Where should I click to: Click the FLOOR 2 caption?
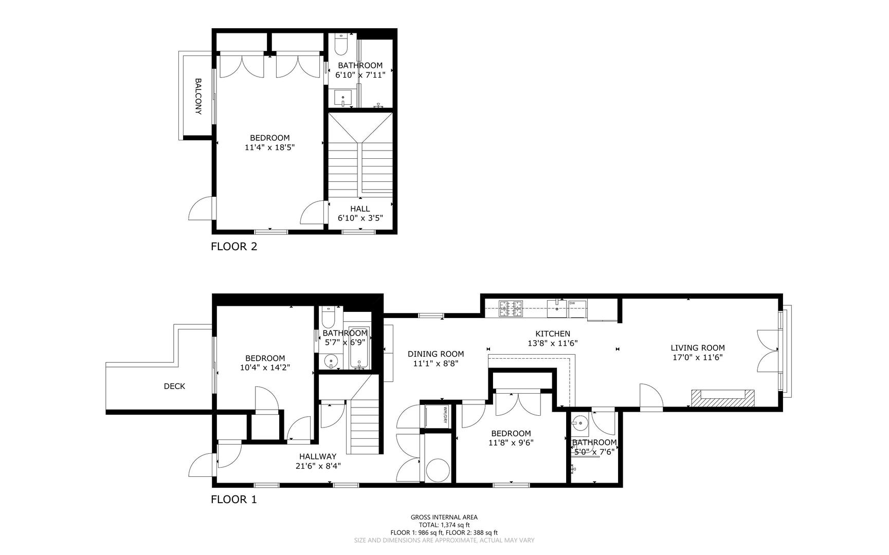click(234, 246)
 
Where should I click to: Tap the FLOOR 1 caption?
click(234, 499)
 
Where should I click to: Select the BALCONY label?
click(198, 96)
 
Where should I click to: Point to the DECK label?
click(174, 386)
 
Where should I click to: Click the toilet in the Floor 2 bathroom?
click(341, 44)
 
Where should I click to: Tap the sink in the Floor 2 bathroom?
click(343, 97)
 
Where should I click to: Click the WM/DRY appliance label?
click(443, 416)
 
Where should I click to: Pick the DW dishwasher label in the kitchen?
click(572, 303)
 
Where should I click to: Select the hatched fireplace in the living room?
click(722, 397)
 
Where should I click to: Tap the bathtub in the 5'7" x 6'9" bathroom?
click(359, 347)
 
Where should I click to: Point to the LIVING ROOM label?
click(698, 348)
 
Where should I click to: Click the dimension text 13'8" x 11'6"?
click(553, 343)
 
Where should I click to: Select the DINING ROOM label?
click(436, 354)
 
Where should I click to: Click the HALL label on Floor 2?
click(360, 209)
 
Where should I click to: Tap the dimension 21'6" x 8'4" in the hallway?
click(318, 466)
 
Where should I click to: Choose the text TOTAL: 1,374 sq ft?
click(444, 525)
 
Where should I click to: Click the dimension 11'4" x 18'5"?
click(270, 147)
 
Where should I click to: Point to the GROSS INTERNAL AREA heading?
click(444, 517)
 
